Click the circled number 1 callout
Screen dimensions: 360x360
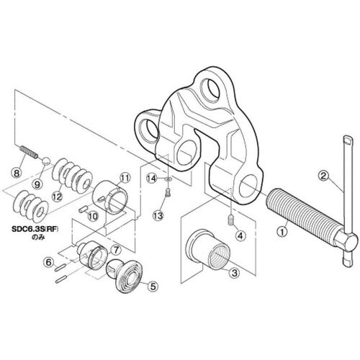(x=282, y=232)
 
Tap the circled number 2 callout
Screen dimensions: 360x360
(x=323, y=176)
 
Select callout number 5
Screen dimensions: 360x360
(x=153, y=286)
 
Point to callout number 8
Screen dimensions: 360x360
(x=17, y=173)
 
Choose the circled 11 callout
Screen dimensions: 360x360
(x=125, y=178)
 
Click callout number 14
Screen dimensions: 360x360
(x=152, y=179)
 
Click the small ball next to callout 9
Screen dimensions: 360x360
(x=46, y=161)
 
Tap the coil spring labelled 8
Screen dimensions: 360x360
(x=28, y=152)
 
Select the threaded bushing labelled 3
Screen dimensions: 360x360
(x=208, y=249)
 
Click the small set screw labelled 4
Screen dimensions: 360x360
(x=230, y=220)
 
